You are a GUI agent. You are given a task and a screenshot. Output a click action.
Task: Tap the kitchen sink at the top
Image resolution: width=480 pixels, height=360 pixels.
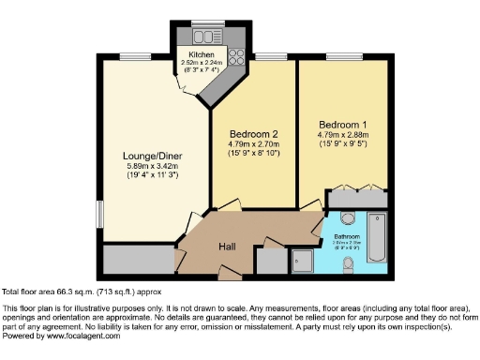204,37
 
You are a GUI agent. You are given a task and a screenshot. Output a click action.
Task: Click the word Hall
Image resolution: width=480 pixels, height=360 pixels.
228,246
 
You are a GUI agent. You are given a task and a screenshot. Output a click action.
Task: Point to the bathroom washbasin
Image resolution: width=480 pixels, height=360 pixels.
348,219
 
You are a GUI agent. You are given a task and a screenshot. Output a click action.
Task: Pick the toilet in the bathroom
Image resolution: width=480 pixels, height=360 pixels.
349,262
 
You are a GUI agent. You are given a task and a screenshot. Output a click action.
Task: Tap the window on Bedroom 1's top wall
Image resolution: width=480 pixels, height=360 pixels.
341,58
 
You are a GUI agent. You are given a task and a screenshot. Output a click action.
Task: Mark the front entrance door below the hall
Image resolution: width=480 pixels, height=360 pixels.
228,274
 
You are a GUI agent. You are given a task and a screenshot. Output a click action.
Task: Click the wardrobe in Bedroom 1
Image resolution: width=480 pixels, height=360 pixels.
355,198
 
